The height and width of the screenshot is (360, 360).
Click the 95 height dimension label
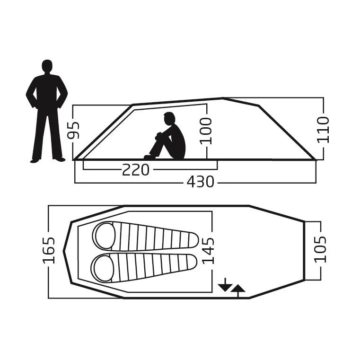(73, 131)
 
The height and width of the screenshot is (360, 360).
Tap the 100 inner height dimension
(205, 131)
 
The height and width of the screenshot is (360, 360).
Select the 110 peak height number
(323, 130)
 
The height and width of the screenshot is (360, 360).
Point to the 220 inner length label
(135, 170)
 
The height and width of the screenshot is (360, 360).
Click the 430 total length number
(200, 182)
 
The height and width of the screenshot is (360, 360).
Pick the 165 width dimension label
(49, 250)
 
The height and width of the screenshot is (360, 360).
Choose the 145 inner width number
(208, 251)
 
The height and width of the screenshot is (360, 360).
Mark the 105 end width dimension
(320, 249)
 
